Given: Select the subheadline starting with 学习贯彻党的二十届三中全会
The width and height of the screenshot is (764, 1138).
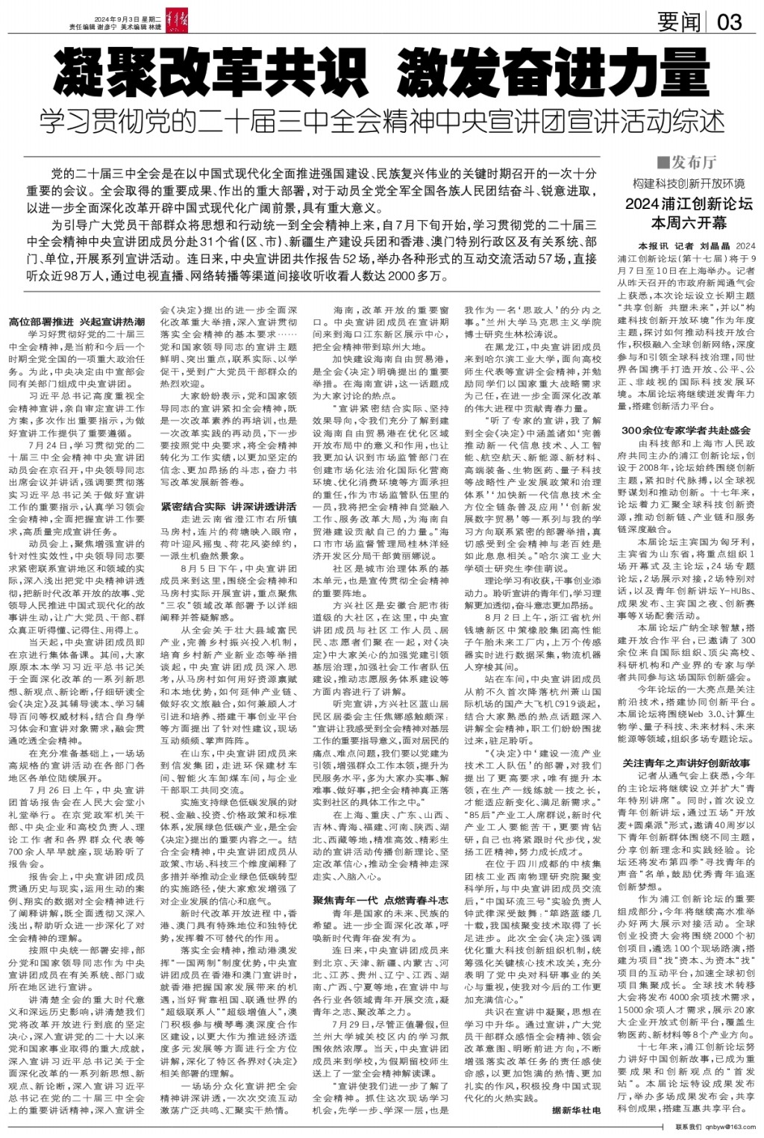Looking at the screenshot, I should (x=381, y=120).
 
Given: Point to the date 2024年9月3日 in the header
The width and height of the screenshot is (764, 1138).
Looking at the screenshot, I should (x=119, y=19).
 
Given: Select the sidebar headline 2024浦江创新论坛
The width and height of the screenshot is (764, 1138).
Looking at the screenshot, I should (x=689, y=204).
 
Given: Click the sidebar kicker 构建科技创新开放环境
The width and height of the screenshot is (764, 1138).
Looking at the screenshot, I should (x=689, y=184).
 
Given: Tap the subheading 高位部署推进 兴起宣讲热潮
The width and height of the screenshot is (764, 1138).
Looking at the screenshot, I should (x=77, y=322).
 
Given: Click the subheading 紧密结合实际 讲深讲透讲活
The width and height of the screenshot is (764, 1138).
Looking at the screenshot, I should (x=229, y=507).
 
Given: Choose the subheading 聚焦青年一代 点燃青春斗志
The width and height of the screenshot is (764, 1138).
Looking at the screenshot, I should (x=381, y=901).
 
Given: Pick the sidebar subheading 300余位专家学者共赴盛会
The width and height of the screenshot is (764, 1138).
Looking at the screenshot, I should (x=686, y=431).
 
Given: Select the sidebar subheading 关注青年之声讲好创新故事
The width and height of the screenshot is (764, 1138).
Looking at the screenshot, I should (x=686, y=763).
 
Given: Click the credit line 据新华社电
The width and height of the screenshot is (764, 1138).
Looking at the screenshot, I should (x=575, y=1110).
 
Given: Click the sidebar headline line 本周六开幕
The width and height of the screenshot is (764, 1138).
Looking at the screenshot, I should (x=689, y=222).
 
